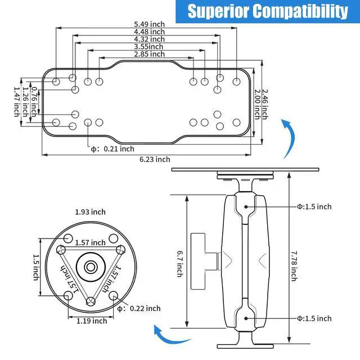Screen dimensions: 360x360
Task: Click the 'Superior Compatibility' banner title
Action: click(x=268, y=11)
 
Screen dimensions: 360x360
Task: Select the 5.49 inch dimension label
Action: click(x=150, y=24)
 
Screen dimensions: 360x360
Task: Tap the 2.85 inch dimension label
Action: click(x=150, y=54)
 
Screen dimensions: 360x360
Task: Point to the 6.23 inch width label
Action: click(x=155, y=159)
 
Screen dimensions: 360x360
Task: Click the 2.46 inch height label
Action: click(x=265, y=105)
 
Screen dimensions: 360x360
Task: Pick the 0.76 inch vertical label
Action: click(x=34, y=101)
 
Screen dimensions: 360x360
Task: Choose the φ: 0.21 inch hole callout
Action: click(x=112, y=149)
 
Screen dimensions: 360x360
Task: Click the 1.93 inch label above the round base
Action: click(x=91, y=212)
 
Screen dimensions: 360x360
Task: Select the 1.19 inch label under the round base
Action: click(x=92, y=321)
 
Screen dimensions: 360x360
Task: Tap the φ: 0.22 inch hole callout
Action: click(x=139, y=309)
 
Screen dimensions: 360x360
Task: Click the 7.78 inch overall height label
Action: click(x=294, y=266)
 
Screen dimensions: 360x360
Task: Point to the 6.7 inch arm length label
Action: click(x=180, y=264)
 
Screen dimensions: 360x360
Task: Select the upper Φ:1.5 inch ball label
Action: click(x=314, y=206)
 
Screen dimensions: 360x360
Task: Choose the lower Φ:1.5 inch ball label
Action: click(x=314, y=318)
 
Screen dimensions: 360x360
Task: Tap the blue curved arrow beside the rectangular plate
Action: click(x=290, y=138)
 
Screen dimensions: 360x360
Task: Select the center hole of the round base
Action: click(x=91, y=267)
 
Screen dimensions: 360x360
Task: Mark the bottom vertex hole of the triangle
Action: click(x=91, y=301)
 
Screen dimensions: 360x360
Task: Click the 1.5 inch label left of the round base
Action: click(x=36, y=267)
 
